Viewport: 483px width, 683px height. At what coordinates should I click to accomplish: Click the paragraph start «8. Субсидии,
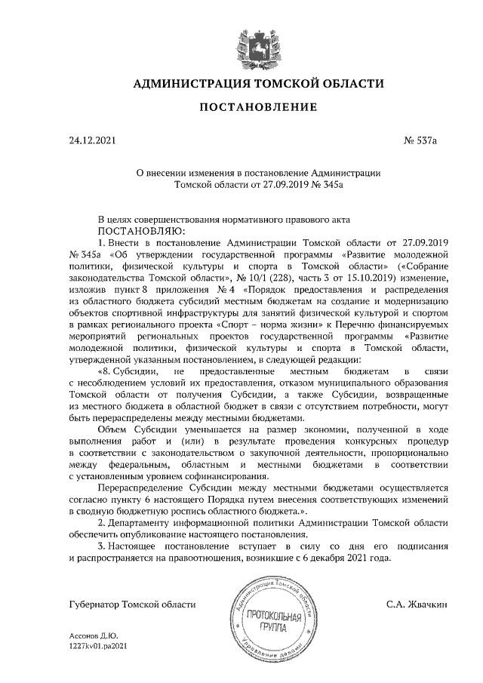(128, 371)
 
